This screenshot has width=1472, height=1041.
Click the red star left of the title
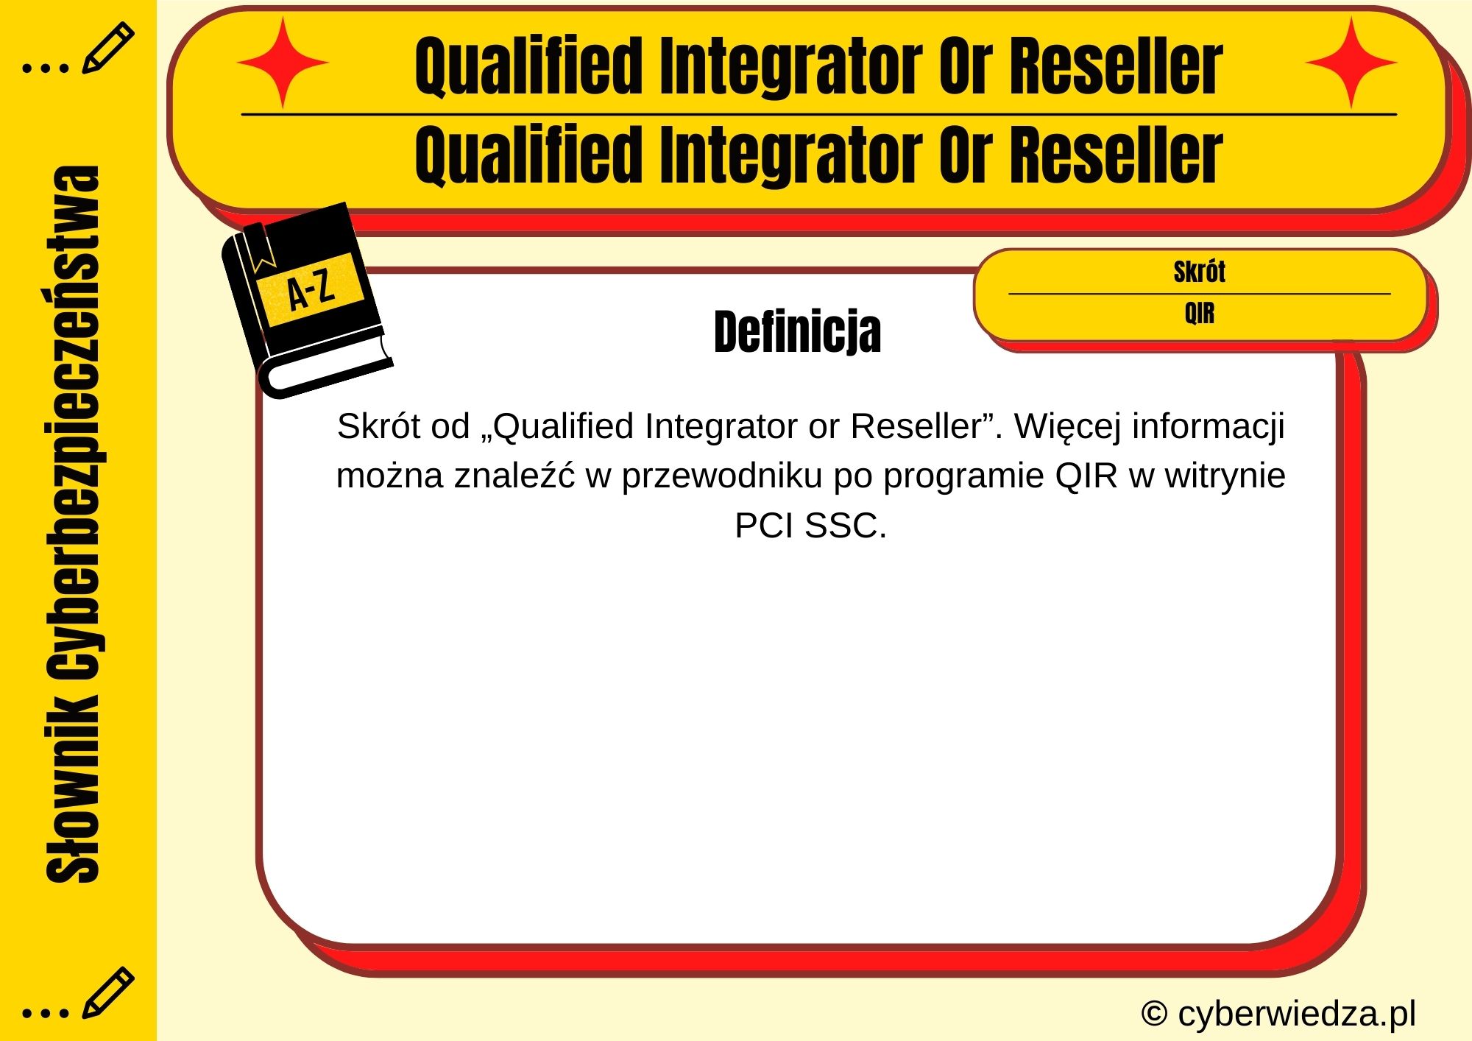(283, 63)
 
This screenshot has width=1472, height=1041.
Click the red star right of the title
(1351, 63)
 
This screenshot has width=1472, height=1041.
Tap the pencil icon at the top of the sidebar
(107, 48)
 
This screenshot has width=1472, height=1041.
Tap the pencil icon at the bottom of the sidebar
(107, 992)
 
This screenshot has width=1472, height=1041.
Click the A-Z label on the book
(311, 290)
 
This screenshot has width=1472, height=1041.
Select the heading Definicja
(797, 332)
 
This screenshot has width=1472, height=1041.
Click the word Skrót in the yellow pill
(1199, 272)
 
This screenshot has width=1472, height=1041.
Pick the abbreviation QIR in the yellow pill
(1199, 314)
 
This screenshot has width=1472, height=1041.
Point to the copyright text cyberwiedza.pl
(1278, 1014)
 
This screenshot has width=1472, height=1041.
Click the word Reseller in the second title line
(1116, 155)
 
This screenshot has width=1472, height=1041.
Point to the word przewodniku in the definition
(722, 476)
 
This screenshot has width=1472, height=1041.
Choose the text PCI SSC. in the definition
(810, 526)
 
